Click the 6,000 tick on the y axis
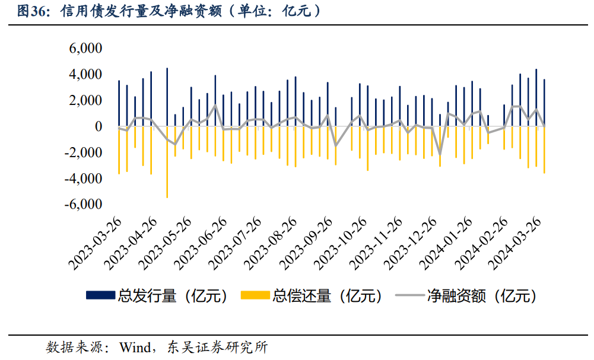click(x=86, y=49)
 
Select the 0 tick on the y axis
click(x=99, y=127)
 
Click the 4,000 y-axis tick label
click(x=86, y=75)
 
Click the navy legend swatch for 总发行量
click(x=101, y=295)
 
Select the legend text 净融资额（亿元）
click(x=481, y=295)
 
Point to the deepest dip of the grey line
click(x=440, y=155)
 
